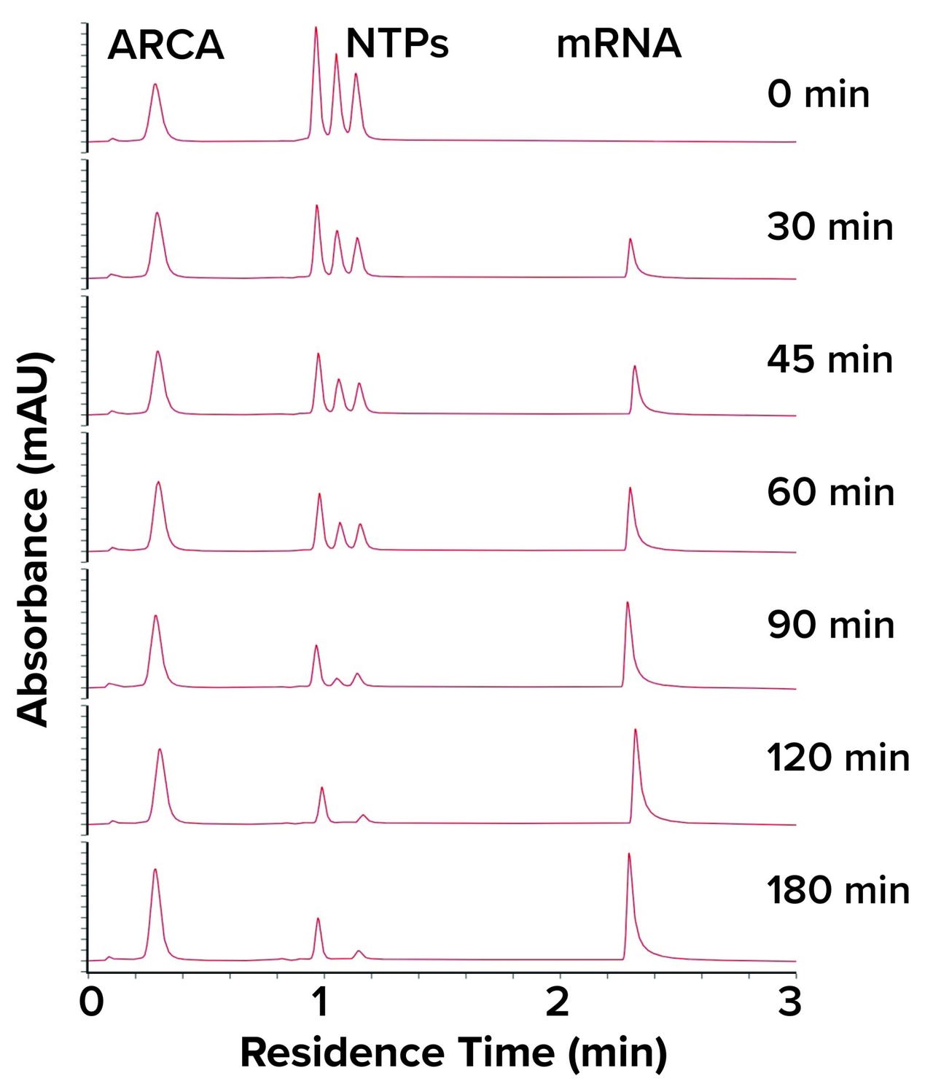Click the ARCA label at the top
pyautogui.click(x=165, y=45)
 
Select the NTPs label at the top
pyautogui.click(x=397, y=44)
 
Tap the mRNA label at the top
pyautogui.click(x=619, y=44)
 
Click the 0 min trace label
pyautogui.click(x=818, y=95)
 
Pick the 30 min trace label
pyautogui.click(x=829, y=227)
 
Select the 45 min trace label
pyautogui.click(x=829, y=359)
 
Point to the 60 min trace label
pyautogui.click(x=830, y=492)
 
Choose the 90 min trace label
pyautogui.click(x=830, y=625)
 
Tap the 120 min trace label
pyautogui.click(x=838, y=758)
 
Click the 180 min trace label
pyautogui.click(x=838, y=891)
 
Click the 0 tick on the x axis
pyautogui.click(x=90, y=1002)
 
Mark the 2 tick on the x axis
pyautogui.click(x=557, y=1002)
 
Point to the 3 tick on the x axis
pyautogui.click(x=790, y=1002)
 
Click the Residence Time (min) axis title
pyautogui.click(x=453, y=1053)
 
